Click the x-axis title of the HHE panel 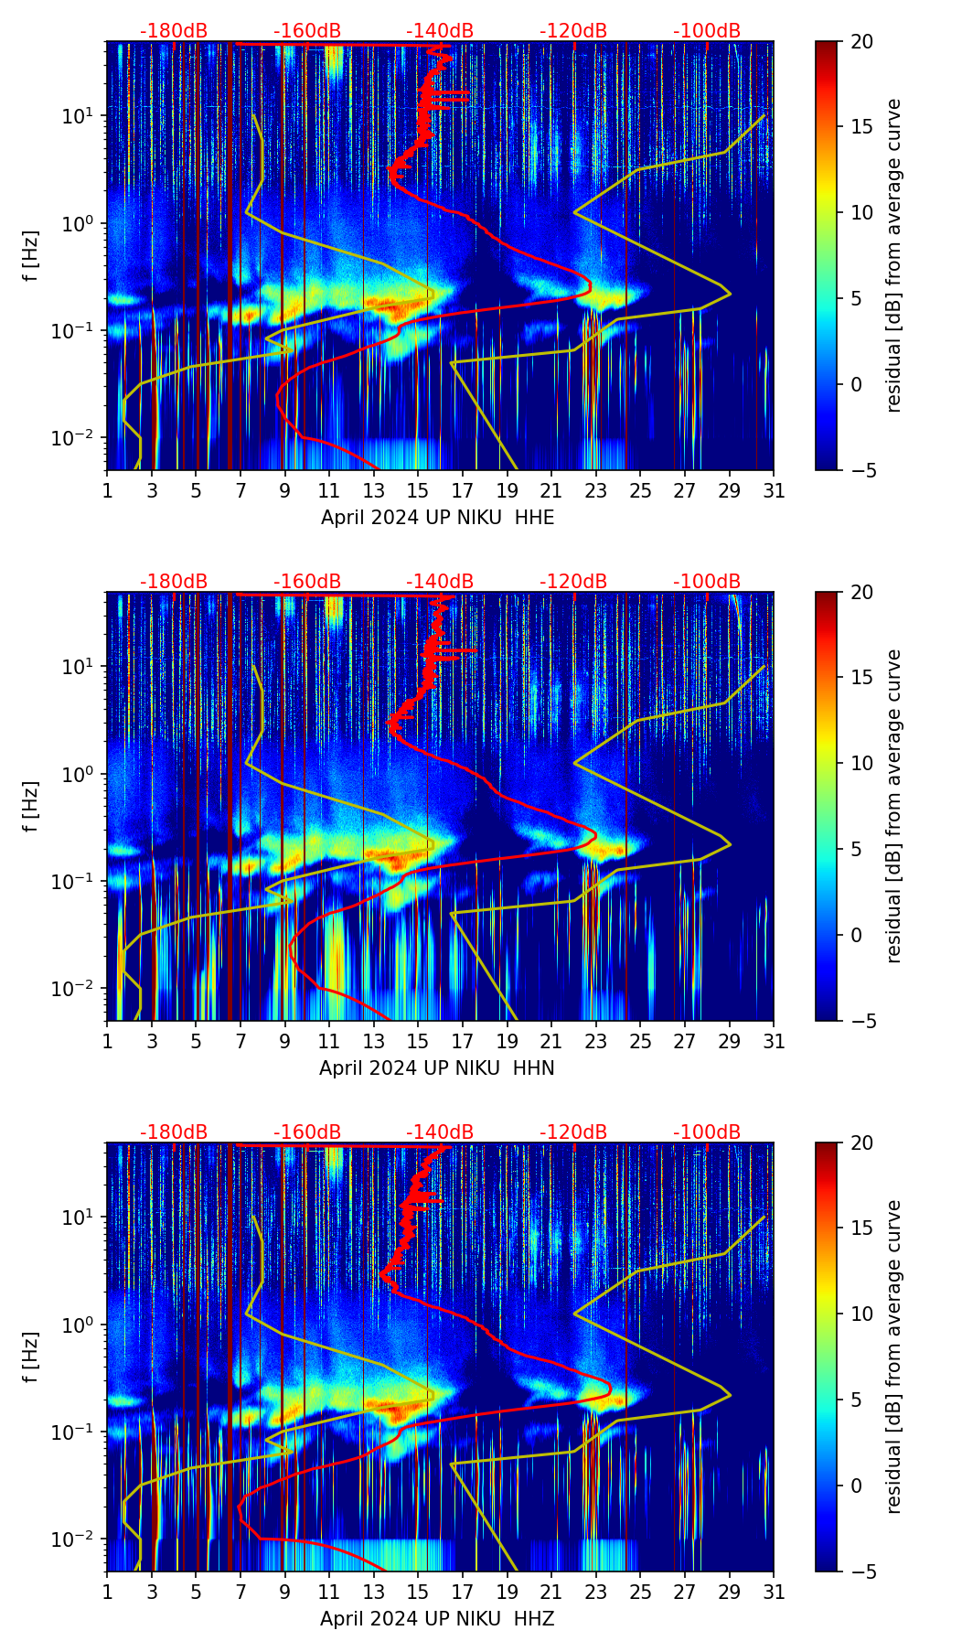(x=437, y=518)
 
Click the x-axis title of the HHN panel (x=437, y=1068)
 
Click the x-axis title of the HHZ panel (x=437, y=1619)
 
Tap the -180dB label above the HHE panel (x=174, y=31)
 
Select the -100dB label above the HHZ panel (x=707, y=1132)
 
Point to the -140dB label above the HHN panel (x=440, y=582)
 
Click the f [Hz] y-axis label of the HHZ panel (x=32, y=1357)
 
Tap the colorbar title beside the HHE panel (x=894, y=255)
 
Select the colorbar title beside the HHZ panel (x=894, y=1357)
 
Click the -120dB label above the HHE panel (x=573, y=31)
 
